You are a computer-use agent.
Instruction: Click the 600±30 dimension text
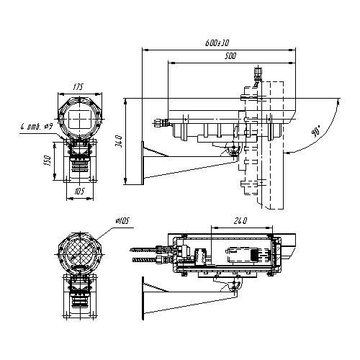[x=215, y=43]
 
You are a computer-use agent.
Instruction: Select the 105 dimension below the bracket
[x=80, y=192]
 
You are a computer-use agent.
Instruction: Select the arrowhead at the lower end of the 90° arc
[x=288, y=153]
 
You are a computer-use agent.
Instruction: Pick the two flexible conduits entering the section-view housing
[x=148, y=256]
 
